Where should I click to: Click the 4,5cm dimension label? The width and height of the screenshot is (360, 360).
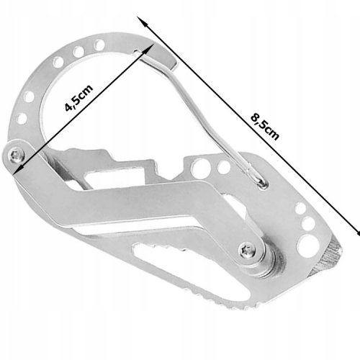click(78, 98)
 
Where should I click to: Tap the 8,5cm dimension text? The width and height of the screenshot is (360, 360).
click(265, 127)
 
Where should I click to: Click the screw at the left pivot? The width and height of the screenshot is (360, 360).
click(16, 155)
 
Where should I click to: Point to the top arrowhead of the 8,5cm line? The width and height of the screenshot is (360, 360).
click(142, 21)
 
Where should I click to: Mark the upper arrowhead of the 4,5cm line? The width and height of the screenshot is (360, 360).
click(149, 49)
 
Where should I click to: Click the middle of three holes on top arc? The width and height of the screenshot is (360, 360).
click(78, 51)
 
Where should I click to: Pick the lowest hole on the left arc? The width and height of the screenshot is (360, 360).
click(22, 119)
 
